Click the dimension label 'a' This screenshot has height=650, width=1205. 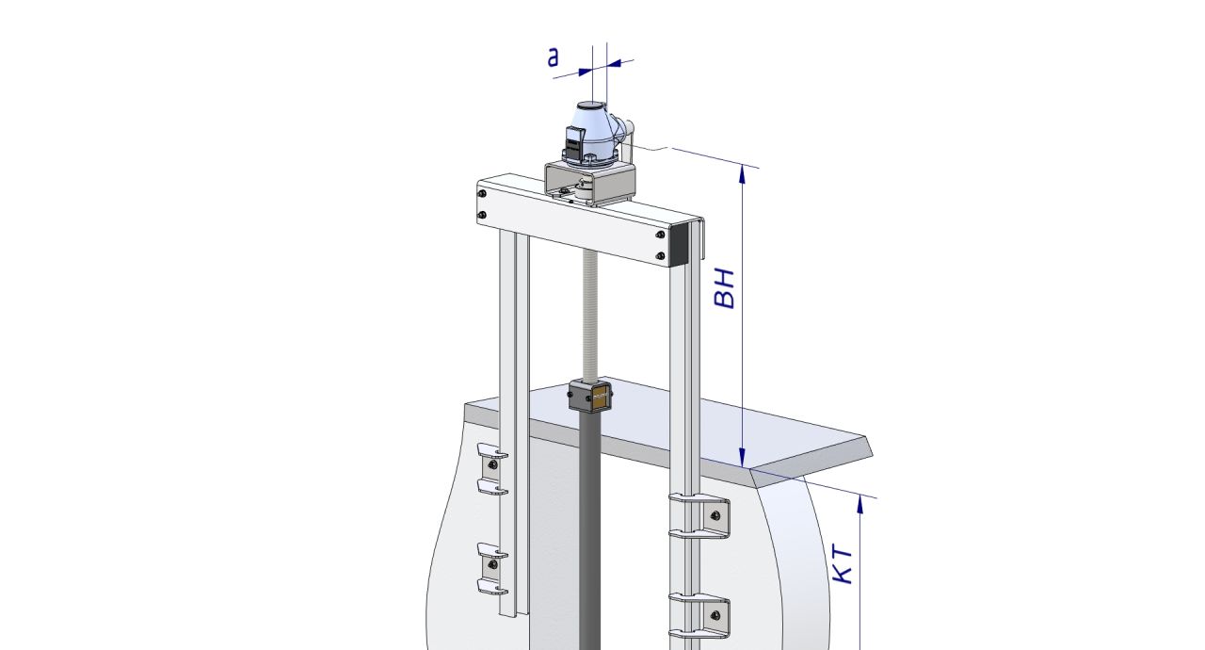[553, 57]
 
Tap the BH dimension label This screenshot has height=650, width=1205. [725, 288]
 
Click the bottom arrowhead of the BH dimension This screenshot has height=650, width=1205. [742, 458]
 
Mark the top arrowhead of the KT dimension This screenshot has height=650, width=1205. [860, 504]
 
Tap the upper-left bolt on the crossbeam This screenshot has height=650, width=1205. [483, 194]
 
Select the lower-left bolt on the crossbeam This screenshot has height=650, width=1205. [482, 215]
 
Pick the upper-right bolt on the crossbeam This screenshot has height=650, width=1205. [660, 236]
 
